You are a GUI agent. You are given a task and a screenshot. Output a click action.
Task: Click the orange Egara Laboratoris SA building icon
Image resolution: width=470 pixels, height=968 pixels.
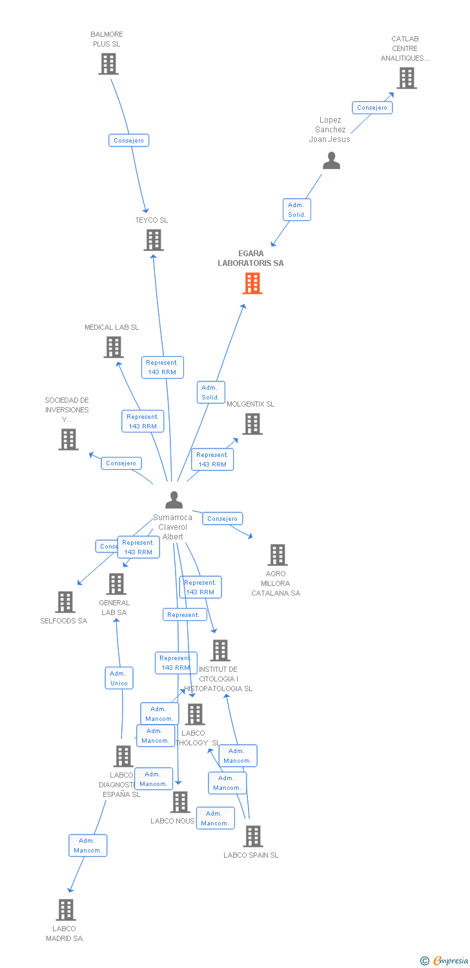[x=252, y=283]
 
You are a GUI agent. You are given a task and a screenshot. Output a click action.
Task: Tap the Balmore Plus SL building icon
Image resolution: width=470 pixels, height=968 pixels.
[x=108, y=64]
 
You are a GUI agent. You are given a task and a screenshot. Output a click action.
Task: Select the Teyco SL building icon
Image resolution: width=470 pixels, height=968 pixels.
[x=154, y=240]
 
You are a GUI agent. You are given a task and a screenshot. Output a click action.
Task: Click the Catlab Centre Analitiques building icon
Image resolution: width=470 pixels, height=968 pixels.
[x=406, y=78]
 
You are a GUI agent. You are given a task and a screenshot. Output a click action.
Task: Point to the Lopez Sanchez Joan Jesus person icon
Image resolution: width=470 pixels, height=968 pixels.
[x=331, y=160]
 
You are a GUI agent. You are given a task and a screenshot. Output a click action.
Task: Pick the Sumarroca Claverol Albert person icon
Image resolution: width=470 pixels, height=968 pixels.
[x=174, y=500]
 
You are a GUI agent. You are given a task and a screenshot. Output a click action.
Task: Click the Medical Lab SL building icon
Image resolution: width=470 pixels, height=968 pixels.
[x=114, y=347]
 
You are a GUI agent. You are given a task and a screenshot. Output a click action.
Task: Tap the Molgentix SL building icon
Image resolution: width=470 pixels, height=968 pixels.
[x=252, y=424]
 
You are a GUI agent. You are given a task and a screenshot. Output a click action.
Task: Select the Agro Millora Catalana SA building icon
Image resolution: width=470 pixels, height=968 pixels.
[x=277, y=555]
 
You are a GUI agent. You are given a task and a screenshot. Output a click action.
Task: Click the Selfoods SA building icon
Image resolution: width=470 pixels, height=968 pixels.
[x=65, y=602]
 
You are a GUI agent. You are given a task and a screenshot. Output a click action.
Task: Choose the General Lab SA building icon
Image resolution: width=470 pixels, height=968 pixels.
[x=116, y=584]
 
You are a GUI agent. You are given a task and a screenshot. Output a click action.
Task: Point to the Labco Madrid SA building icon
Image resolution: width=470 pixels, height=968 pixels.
[x=65, y=910]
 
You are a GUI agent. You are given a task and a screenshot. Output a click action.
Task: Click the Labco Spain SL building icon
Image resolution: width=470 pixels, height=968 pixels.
[x=253, y=836]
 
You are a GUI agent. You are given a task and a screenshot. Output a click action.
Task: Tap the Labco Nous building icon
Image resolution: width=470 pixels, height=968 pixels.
[x=180, y=802]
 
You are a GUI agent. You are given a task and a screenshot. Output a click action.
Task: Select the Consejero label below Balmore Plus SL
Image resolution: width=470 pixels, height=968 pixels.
[x=129, y=141]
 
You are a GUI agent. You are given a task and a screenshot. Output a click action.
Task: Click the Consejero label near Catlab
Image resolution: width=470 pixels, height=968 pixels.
[x=372, y=108]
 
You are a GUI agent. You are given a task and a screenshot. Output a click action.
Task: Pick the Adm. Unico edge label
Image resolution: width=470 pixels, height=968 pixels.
[x=119, y=678]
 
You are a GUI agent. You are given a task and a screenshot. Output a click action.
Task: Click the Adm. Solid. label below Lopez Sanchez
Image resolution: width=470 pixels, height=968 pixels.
[x=297, y=210]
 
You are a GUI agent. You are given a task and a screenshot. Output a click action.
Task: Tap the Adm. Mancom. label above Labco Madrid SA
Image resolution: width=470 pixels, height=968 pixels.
[x=88, y=845]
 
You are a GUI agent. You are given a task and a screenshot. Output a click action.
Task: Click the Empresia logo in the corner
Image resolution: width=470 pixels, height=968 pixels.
[x=444, y=960]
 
